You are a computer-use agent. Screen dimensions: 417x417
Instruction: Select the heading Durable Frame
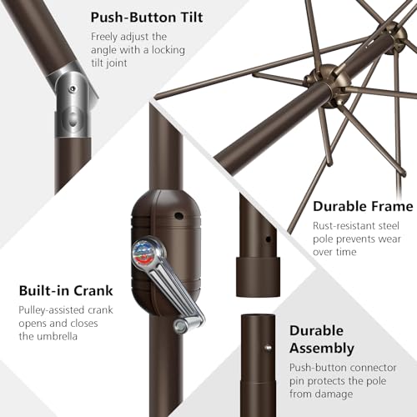coord(362,206)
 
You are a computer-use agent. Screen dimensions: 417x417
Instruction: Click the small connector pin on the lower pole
coord(267,348)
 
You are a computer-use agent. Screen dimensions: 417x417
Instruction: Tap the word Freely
coord(107,37)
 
